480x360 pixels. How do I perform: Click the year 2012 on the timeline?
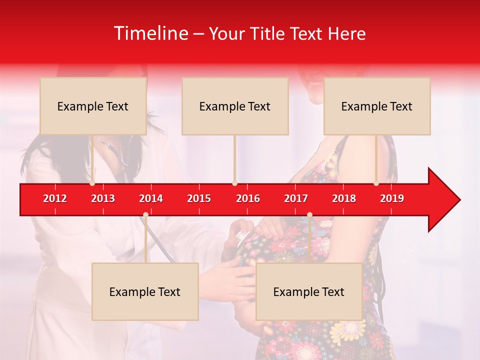pos(55,198)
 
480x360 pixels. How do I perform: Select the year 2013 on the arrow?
pos(103,198)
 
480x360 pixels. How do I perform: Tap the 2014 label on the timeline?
pos(151,198)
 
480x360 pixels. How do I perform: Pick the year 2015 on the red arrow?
pos(199,198)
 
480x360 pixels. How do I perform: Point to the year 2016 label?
pos(248,198)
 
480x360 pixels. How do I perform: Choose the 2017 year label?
pos(296,198)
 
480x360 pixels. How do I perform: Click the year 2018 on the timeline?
pos(344,198)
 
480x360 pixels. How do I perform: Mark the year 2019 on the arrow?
pos(392,198)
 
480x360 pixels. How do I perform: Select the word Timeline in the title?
pos(150,33)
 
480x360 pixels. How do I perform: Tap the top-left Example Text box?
pos(93,106)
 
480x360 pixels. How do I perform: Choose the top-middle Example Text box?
pos(235,106)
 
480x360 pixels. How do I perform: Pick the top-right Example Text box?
pos(377,106)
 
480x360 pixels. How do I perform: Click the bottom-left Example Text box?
pos(145,291)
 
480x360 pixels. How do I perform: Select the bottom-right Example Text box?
pos(309,291)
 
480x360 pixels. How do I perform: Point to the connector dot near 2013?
pos(92,183)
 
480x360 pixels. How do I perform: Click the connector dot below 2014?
pos(145,214)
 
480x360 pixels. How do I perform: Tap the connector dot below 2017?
pos(309,214)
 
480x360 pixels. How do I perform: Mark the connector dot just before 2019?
pos(376,183)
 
